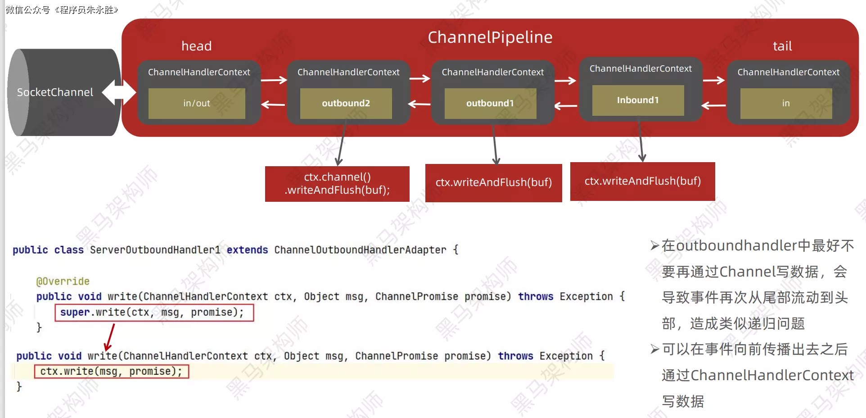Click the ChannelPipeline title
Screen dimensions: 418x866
coord(490,37)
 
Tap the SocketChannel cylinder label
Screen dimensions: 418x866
coord(55,92)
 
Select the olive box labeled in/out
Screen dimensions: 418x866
coord(197,103)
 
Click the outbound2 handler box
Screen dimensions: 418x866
coord(346,103)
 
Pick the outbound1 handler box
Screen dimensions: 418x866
coord(490,103)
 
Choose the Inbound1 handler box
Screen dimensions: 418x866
coord(638,100)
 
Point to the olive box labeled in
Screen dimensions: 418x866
coord(786,103)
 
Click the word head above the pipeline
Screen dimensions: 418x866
coord(196,46)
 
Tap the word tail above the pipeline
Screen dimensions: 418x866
coord(782,46)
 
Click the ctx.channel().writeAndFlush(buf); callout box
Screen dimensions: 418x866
coord(337,183)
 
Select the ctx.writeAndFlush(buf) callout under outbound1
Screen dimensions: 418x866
coord(493,182)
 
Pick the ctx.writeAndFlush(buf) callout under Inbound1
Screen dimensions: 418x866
coord(642,181)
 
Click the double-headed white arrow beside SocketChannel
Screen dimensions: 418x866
coord(119,92)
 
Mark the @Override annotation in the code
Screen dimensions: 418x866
coord(63,282)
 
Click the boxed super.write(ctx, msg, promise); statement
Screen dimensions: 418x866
coord(154,313)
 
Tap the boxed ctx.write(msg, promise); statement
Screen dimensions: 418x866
coord(111,372)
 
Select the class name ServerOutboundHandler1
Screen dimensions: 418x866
coord(155,250)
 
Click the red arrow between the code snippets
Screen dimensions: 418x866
coord(109,337)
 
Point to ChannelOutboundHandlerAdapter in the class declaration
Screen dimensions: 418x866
coord(360,250)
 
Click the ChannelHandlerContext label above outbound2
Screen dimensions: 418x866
coord(348,72)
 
